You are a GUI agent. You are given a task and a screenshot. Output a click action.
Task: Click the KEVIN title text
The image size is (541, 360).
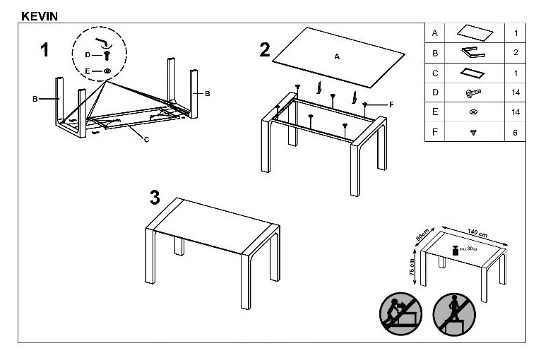pos(40,15)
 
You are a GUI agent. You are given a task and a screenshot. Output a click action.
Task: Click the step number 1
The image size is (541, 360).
pos(45,50)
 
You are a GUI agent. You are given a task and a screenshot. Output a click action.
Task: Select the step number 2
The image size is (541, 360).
pos(264,49)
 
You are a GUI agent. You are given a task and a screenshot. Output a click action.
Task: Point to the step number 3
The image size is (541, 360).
pos(155,197)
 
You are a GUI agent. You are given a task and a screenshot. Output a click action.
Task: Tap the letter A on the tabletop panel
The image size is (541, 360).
pos(337,56)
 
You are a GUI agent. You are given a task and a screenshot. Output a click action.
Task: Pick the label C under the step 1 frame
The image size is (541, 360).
pos(146,138)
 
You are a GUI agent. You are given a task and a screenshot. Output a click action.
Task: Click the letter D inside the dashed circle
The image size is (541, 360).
pos(88,54)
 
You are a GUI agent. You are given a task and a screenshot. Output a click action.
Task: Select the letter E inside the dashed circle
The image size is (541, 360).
pos(88,71)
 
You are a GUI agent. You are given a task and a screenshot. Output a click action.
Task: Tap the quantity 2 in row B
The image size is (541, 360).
pos(516,53)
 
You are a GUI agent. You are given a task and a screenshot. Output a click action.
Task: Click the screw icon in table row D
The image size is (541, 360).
pos(472,92)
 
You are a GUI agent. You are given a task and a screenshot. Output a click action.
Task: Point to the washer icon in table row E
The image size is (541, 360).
pos(472,112)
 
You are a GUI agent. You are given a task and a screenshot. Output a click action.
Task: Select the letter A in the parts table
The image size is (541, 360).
pos(434,33)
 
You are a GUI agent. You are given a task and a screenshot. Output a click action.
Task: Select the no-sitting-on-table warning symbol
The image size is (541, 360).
pos(400,313)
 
